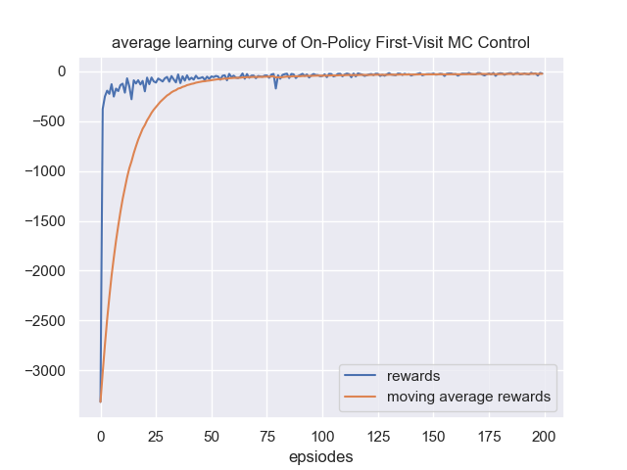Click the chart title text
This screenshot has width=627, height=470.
click(x=320, y=43)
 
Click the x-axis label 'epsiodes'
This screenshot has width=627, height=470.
click(x=320, y=456)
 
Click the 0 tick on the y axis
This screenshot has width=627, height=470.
click(x=61, y=71)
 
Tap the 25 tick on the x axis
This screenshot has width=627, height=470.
click(x=156, y=435)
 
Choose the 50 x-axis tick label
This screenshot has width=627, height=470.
click(x=212, y=435)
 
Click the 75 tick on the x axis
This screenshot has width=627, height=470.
click(x=266, y=435)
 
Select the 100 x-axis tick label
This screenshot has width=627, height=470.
click(x=322, y=435)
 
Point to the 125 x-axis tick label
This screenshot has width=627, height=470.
click(x=378, y=435)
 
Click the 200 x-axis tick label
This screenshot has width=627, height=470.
click(x=545, y=435)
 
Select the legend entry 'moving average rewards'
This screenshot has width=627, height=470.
click(x=468, y=397)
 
